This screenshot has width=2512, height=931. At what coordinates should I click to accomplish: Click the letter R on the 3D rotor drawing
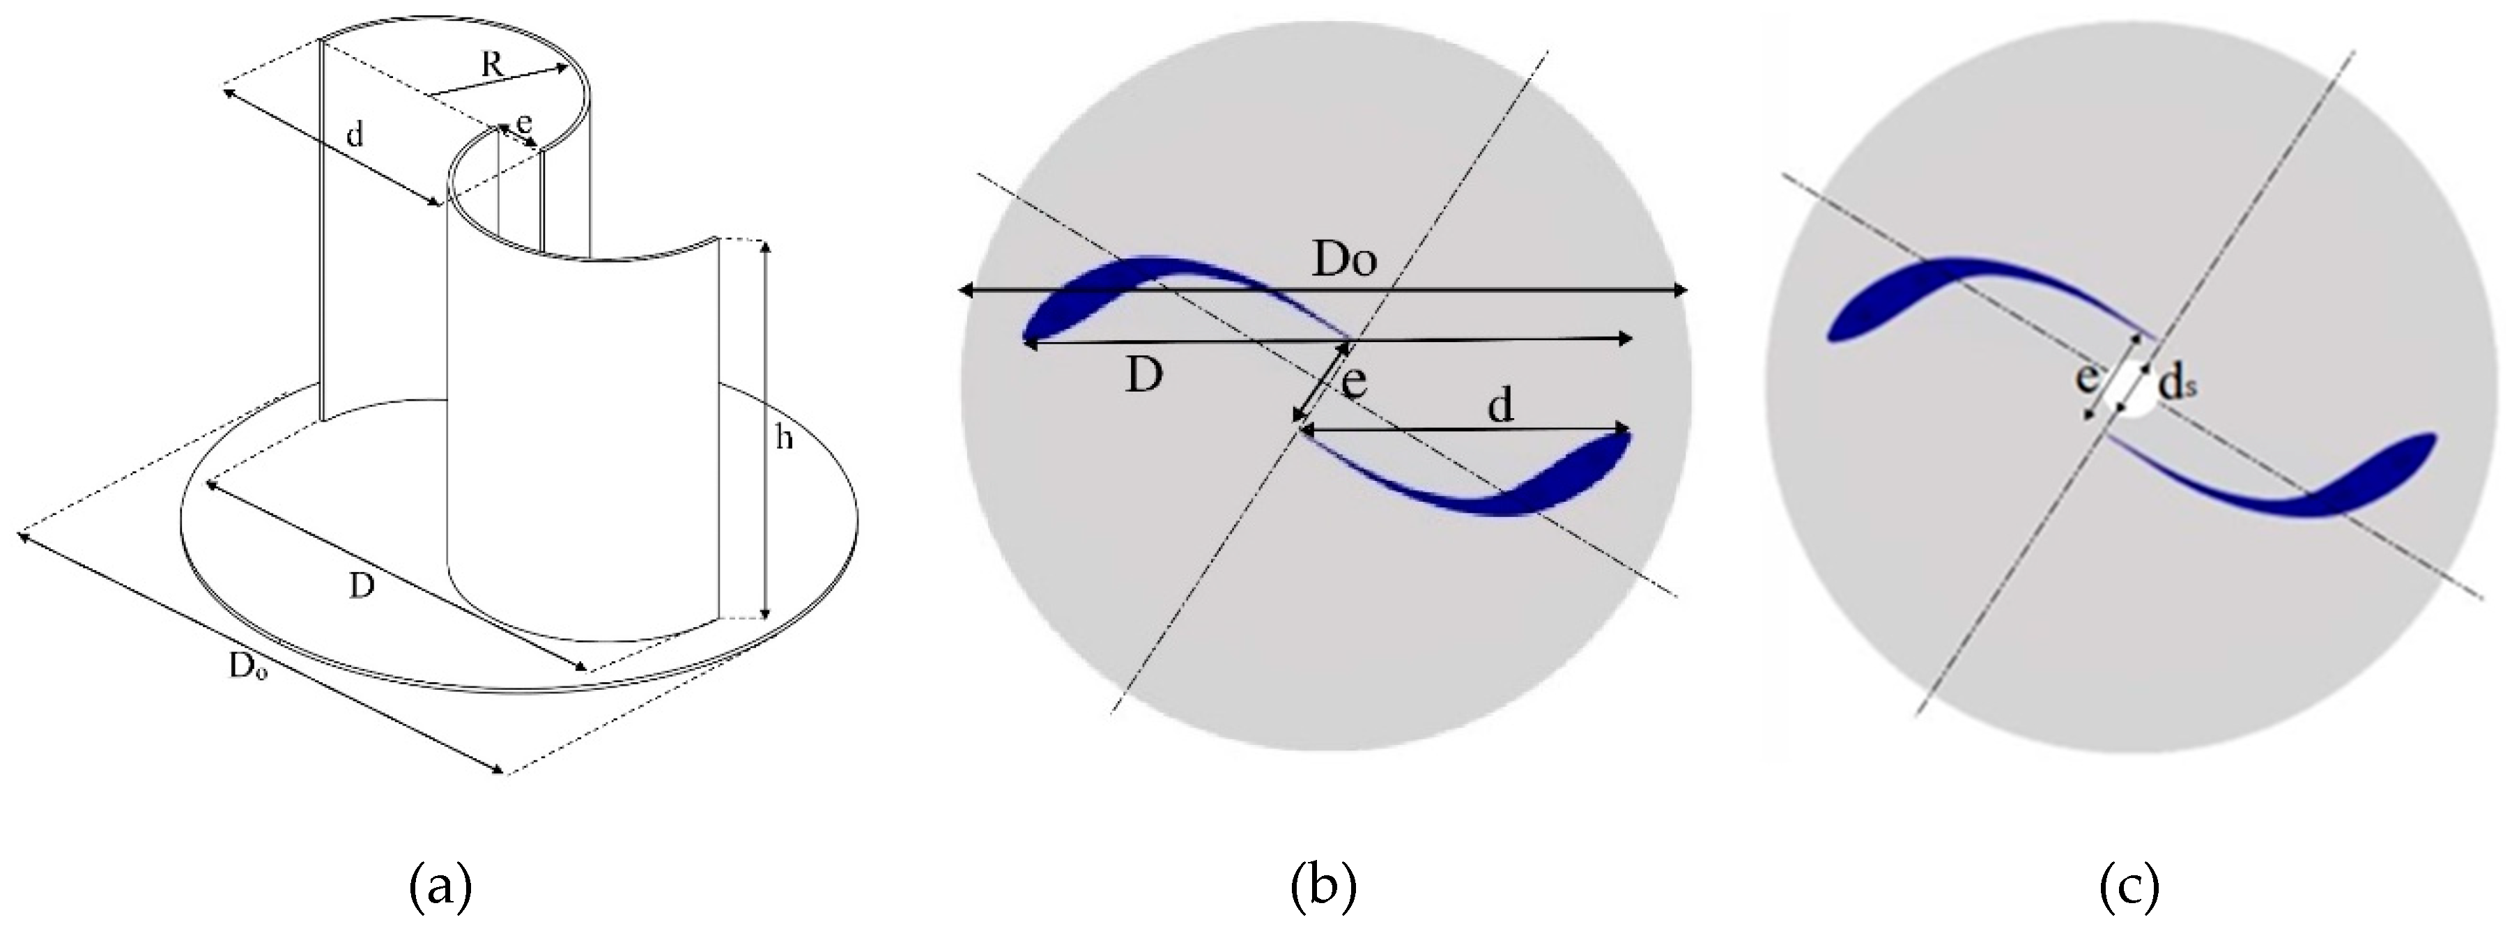493,66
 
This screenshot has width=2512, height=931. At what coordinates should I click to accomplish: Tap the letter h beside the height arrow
783,439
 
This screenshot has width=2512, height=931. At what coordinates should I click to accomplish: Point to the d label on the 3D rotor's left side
355,134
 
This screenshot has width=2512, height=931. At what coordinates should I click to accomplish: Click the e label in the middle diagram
1353,382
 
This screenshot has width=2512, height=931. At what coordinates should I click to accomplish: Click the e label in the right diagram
2086,377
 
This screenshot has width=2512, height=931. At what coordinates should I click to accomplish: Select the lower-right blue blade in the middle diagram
1560,477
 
